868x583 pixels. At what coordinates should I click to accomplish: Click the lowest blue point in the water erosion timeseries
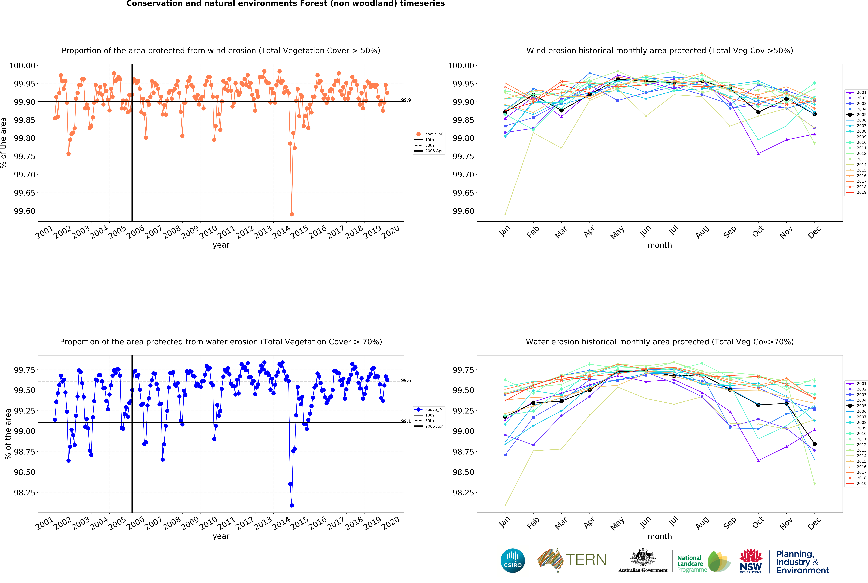click(292, 505)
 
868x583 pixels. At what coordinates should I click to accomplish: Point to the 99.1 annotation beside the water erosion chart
click(406, 421)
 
